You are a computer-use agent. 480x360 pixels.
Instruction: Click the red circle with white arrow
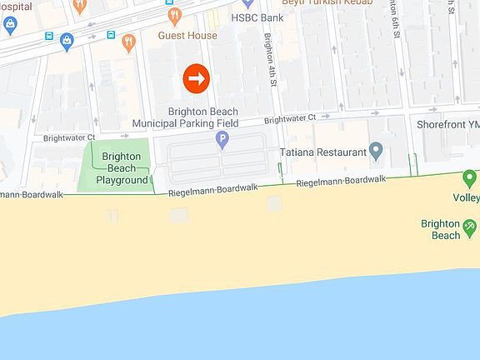coord(196,78)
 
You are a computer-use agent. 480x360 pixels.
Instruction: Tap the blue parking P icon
coord(222,141)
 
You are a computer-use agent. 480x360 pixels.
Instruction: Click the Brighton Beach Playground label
coord(121,167)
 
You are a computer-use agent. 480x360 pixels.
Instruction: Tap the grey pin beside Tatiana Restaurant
coord(376,152)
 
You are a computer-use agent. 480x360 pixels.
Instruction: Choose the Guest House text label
coord(187,36)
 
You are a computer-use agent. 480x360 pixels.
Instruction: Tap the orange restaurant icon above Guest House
coord(175,15)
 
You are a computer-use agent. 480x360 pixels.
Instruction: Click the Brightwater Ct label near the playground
coord(69,137)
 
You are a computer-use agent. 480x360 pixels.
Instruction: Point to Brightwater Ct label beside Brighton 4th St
coord(290,119)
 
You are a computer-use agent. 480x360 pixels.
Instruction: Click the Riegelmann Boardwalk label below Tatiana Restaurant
coord(341,180)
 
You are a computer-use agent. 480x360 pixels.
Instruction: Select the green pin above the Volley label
coord(469,177)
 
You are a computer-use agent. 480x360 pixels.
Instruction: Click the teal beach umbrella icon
coord(470,225)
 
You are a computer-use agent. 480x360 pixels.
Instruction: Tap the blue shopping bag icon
coord(9,25)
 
